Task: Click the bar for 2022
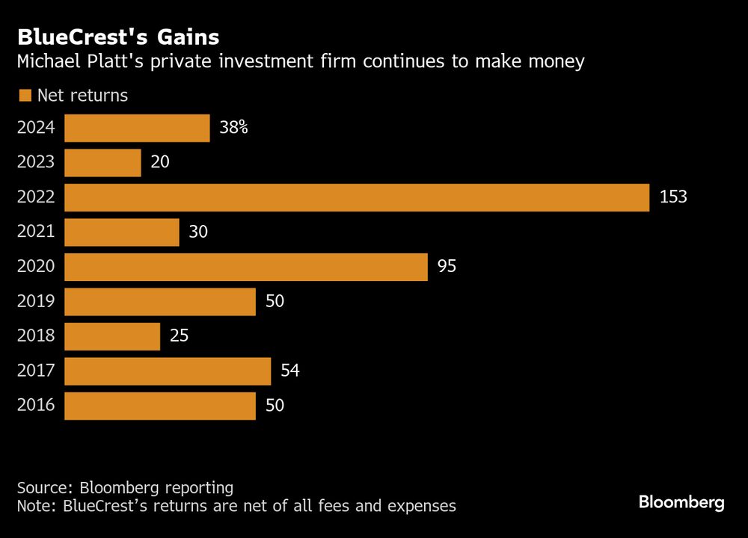[357, 198]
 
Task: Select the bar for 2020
[246, 267]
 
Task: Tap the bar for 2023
[102, 163]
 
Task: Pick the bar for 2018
[112, 336]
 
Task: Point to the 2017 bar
[168, 371]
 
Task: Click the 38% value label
[233, 129]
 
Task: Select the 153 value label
[673, 198]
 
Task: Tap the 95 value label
[447, 267]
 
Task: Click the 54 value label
[289, 371]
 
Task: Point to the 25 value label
[179, 336]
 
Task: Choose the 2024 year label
[36, 129]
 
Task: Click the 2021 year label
[36, 232]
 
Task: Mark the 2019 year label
[36, 302]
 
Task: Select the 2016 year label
[36, 406]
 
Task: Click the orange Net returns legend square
[25, 96]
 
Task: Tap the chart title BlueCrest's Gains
[118, 37]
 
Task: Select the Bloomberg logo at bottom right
[681, 502]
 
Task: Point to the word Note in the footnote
[36, 506]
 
